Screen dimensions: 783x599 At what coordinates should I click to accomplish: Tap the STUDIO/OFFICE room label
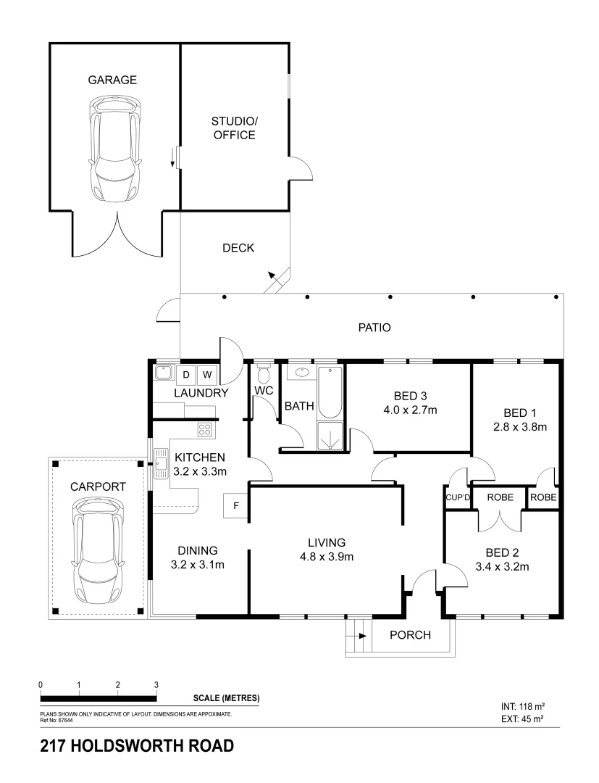(x=233, y=128)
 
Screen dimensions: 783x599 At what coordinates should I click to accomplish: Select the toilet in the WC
(x=263, y=375)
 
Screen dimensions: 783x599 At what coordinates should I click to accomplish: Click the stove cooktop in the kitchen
(x=205, y=429)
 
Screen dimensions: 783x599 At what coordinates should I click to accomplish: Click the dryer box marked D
(x=185, y=375)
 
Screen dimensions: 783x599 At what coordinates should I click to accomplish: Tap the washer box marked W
(x=206, y=375)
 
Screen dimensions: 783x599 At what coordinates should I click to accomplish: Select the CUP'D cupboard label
(x=458, y=498)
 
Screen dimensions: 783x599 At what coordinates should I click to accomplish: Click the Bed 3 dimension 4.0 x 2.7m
(x=410, y=410)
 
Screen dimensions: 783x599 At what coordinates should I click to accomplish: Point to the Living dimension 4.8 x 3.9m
(x=326, y=557)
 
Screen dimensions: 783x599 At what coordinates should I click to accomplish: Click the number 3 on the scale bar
(x=156, y=684)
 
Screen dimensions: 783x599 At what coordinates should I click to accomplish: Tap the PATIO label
(x=374, y=328)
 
